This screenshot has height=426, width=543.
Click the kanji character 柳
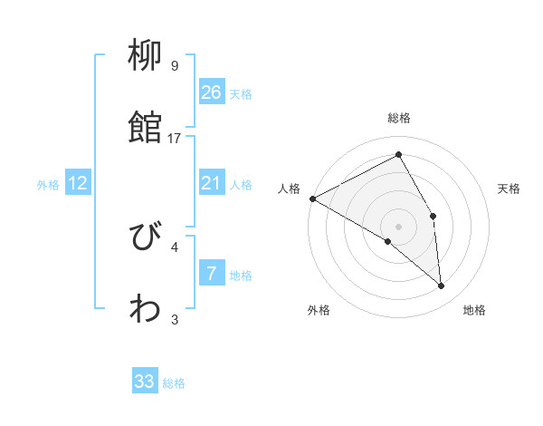pos(146,57)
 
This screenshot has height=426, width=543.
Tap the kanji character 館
pos(146,128)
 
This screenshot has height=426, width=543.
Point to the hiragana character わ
pos(146,309)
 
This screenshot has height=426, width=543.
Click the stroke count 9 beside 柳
pos(175,66)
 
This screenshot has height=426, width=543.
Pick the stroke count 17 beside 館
pos(175,138)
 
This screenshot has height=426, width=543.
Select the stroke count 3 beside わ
pos(175,319)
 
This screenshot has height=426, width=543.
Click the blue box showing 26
pos(212,92)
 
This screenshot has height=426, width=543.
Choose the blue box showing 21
pos(212,183)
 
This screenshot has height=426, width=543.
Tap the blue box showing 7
pos(212,274)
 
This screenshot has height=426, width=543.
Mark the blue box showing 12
pos(78,183)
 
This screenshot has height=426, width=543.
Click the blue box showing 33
pos(145,382)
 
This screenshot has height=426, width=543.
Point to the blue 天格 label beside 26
pos(241,93)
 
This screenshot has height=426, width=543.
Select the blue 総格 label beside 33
pos(174,383)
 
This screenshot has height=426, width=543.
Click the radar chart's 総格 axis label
pos(398,118)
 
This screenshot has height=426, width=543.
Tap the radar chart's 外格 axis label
pos(319,311)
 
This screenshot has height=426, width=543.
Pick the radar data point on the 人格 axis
pos(312,198)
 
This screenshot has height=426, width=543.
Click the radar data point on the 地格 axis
pos(442,286)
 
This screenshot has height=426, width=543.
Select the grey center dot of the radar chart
pos(398,226)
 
